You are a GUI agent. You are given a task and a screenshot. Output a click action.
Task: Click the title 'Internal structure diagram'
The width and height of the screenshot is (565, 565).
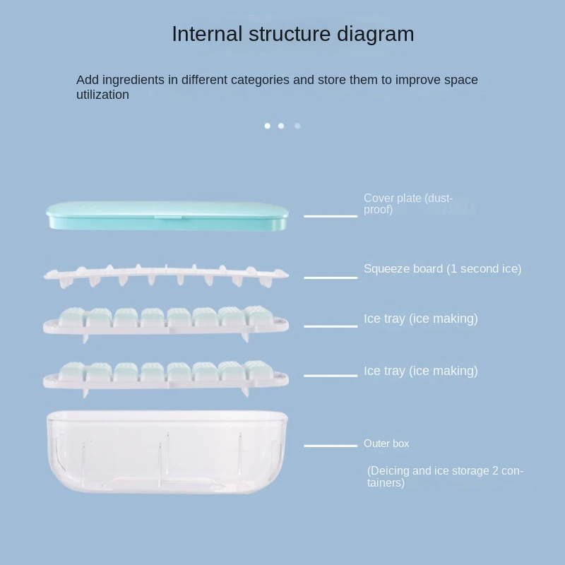292,34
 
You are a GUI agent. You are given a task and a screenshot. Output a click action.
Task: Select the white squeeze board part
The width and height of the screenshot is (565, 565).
167,274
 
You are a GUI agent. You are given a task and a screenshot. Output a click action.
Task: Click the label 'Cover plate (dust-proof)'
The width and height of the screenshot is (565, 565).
408,204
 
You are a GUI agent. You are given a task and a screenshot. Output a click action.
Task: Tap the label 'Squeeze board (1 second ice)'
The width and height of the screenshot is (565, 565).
442,269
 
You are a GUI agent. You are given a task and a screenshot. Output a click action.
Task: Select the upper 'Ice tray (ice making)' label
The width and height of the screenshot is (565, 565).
420,319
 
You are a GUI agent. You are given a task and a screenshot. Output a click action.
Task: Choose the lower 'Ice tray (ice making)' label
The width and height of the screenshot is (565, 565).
420,371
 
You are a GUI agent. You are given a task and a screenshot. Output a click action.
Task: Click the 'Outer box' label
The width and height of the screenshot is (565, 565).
386,444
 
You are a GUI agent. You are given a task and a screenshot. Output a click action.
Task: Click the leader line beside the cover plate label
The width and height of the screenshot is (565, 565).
331,215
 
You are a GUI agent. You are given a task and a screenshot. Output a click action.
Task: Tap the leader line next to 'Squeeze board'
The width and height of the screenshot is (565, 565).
331,278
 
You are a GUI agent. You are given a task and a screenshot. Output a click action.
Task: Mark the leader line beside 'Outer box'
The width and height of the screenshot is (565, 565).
331,446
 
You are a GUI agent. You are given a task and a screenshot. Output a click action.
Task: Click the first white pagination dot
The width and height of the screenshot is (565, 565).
268,126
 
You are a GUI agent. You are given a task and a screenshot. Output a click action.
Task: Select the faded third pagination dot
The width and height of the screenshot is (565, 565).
297,126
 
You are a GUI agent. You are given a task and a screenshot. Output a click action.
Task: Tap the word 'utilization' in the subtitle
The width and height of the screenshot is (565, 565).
102,95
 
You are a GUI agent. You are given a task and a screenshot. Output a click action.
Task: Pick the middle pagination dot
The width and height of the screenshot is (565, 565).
281,126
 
